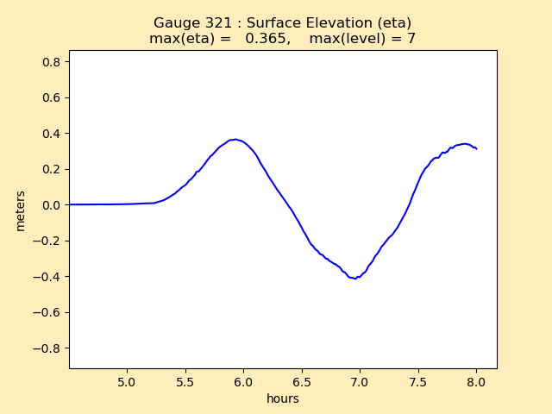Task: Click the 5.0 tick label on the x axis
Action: (127, 381)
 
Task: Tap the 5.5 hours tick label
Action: (185, 381)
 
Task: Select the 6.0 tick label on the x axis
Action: (243, 381)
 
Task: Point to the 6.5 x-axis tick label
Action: (301, 381)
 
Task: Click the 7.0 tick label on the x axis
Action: (360, 381)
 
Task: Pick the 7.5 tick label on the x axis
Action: (417, 381)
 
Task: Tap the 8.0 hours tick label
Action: (476, 381)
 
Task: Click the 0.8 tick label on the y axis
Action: (53, 62)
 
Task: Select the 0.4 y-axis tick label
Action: (53, 134)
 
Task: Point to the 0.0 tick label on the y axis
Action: (53, 205)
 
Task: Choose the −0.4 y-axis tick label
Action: (49, 277)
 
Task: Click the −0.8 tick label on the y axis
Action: (49, 348)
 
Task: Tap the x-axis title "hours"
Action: (283, 398)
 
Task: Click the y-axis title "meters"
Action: (20, 210)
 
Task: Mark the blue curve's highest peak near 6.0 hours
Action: (235, 139)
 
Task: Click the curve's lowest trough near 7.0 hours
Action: (354, 279)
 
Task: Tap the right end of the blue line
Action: (476, 148)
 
